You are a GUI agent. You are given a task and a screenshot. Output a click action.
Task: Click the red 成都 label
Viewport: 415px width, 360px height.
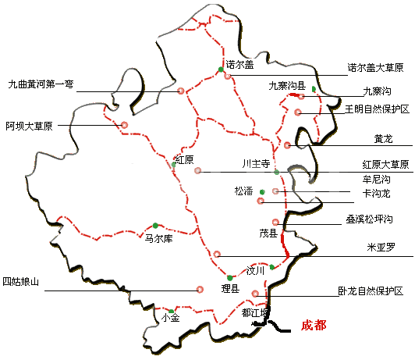tap(314, 326)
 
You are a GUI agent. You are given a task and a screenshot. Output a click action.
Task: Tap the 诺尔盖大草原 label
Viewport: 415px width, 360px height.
tap(376, 68)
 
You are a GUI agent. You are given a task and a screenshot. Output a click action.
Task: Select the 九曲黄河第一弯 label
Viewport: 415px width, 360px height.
tap(40, 84)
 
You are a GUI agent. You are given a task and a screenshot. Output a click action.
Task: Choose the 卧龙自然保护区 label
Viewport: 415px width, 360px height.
tap(370, 291)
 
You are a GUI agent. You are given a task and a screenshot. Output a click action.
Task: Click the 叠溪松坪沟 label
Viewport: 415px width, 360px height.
tap(371, 221)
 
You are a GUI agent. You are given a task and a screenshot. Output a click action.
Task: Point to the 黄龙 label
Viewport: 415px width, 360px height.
tap(383, 140)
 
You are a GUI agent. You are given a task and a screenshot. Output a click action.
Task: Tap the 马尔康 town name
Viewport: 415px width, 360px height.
tap(158, 239)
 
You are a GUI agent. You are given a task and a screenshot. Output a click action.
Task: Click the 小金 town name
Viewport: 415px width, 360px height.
tap(170, 319)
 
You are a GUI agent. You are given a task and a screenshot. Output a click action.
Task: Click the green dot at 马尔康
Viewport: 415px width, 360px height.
tap(156, 226)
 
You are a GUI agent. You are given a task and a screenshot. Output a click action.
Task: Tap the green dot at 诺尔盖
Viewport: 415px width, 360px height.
tap(221, 71)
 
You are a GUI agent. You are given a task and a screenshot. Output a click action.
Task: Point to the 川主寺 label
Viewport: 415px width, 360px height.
tap(256, 165)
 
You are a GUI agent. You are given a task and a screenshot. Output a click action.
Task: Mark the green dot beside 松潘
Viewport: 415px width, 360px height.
tap(263, 192)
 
